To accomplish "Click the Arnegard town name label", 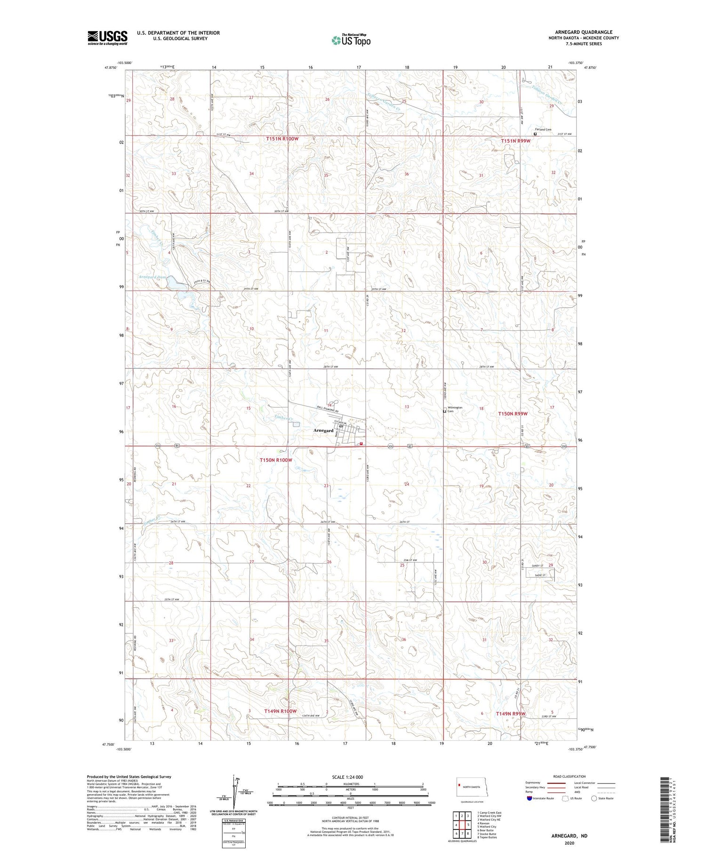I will [x=323, y=430].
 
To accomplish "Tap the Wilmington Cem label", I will [x=455, y=409].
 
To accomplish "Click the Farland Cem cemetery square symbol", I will [x=535, y=134].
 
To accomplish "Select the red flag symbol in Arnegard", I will [x=361, y=443].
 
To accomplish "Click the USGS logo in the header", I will [x=107, y=38].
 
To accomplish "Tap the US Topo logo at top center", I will [x=351, y=40].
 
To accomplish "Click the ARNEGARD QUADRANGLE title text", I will [x=584, y=32].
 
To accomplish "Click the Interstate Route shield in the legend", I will [x=529, y=798].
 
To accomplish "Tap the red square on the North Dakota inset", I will [x=459, y=784].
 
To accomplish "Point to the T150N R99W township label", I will [x=513, y=414].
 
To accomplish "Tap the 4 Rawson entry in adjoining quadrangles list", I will [x=484, y=823].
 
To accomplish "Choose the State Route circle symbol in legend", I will [x=594, y=798].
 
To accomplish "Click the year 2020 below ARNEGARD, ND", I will [x=570, y=843].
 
